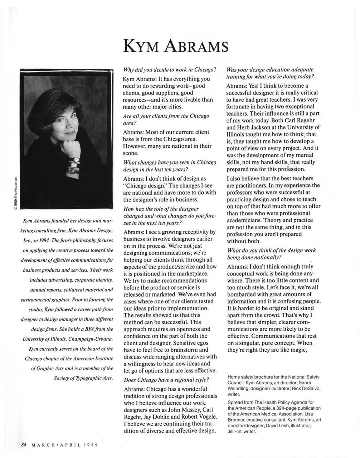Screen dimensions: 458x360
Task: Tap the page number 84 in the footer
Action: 24,445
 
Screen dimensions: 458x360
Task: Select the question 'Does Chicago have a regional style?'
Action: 166,380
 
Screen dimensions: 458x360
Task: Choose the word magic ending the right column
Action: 298,350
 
